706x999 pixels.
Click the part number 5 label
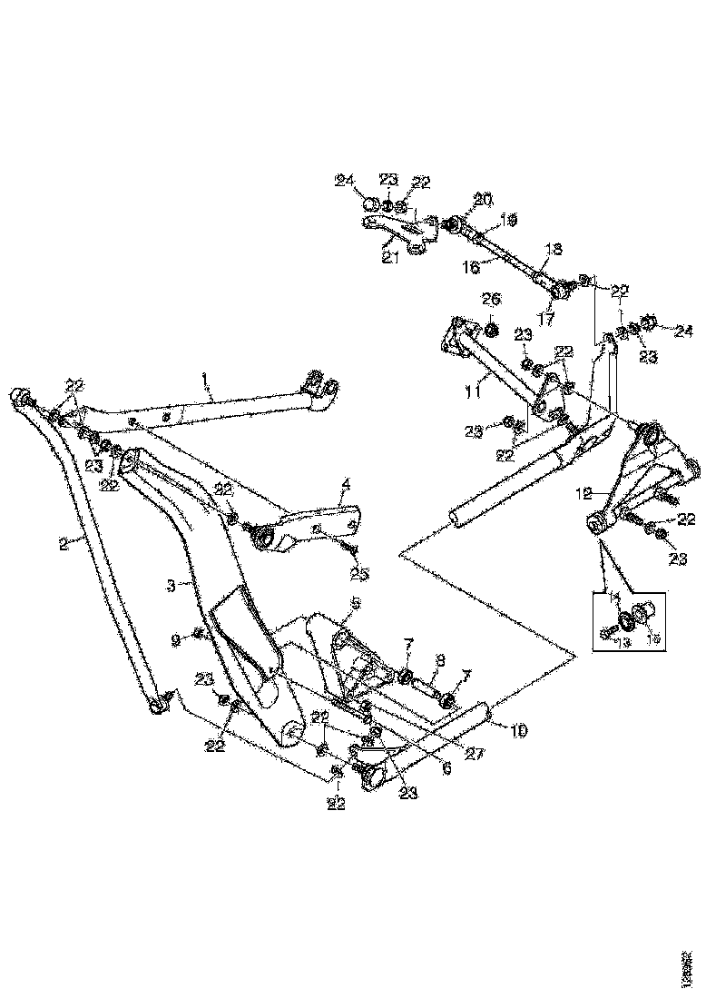pos(356,603)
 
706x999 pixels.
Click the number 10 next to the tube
pos(518,729)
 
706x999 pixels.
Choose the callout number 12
pos(585,495)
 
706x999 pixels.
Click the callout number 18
pos(553,248)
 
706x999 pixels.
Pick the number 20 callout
pos(481,199)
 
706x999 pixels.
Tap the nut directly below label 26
pos(491,328)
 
